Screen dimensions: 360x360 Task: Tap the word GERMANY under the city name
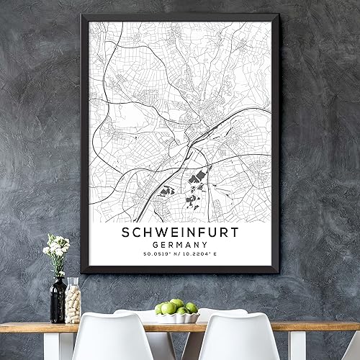179,246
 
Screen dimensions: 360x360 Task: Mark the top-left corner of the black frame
81,15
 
